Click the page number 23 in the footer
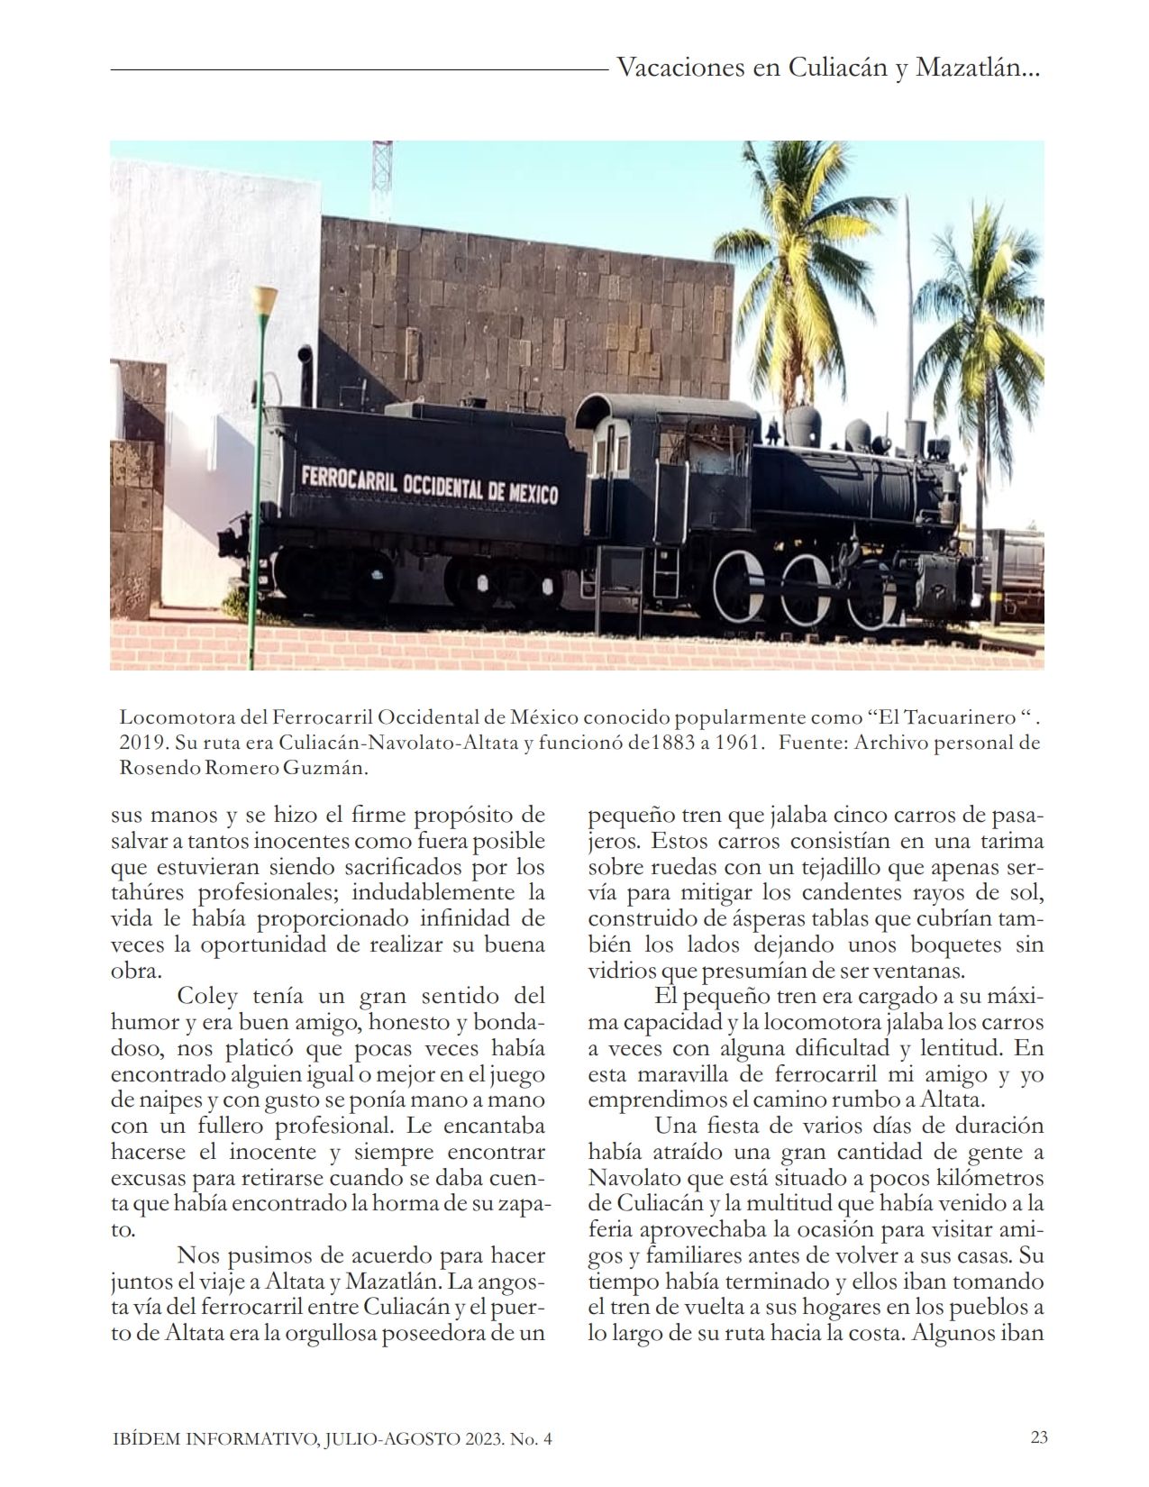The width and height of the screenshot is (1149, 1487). click(1039, 1437)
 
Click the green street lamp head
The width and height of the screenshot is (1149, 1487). click(264, 299)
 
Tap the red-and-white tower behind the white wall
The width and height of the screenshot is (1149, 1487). click(382, 176)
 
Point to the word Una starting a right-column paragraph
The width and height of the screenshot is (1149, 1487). click(679, 1126)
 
